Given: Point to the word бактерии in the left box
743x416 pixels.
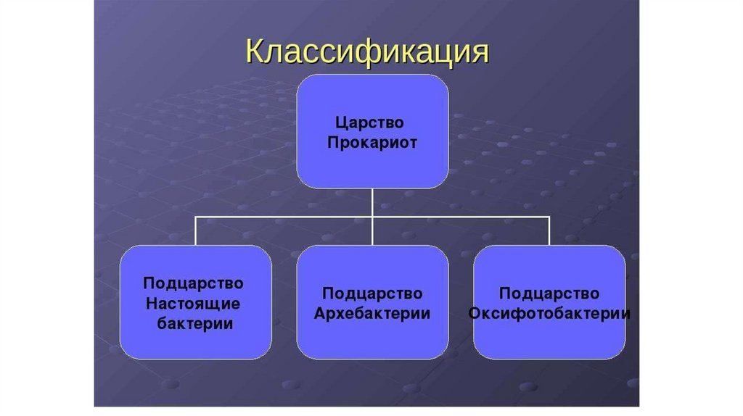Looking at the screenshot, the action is pos(195,323).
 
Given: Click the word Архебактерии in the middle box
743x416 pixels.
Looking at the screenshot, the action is pos(372,314).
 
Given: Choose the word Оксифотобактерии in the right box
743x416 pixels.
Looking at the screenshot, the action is pos(549,314).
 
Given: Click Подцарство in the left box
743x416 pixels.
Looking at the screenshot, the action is pos(193,282).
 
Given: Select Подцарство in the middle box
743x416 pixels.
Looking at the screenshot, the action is pos(372,294).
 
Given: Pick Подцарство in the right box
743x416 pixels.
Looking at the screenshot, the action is pos(549,294).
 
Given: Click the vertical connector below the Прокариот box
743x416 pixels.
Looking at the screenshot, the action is pos(372,201).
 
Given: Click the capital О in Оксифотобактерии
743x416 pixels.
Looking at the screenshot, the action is pos(475,314).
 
